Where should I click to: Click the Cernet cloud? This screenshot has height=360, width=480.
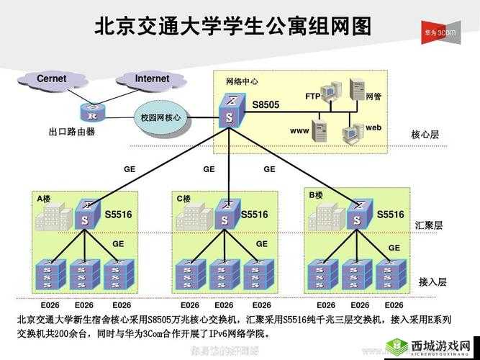pyautogui.click(x=51, y=79)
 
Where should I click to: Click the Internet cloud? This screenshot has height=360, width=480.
pyautogui.click(x=152, y=79)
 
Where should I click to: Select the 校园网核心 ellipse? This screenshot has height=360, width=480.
pyautogui.click(x=160, y=117)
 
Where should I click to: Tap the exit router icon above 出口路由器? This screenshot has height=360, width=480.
pyautogui.click(x=91, y=113)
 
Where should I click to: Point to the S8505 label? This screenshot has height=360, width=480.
pyautogui.click(x=265, y=105)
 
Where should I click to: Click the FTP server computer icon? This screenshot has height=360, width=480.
pyautogui.click(x=330, y=93)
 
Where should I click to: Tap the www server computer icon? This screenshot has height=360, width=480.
pyautogui.click(x=320, y=130)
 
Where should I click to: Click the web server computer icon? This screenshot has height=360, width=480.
pyautogui.click(x=353, y=132)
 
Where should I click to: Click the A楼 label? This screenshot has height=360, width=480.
pyautogui.click(x=44, y=198)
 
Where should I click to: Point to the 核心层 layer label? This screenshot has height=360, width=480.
pyautogui.click(x=425, y=135)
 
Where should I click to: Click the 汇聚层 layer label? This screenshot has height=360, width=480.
pyautogui.click(x=429, y=225)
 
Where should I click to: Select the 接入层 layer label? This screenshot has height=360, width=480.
pyautogui.click(x=433, y=282)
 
